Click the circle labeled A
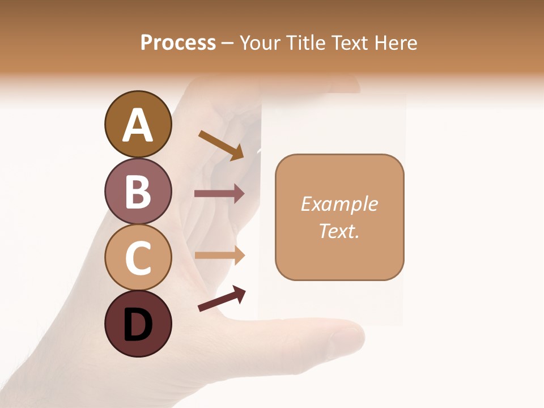pos(138,124)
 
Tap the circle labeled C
pos(138,257)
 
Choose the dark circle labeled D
pos(138,324)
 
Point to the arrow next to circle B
pos(219,194)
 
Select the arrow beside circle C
pos(219,255)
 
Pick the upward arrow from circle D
pos(222,299)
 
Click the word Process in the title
pos(178,43)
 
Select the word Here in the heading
pos(396,43)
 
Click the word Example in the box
pos(339,204)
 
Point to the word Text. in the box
pos(339,231)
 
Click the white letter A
pos(138,125)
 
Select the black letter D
pos(138,325)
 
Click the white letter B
pos(138,192)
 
